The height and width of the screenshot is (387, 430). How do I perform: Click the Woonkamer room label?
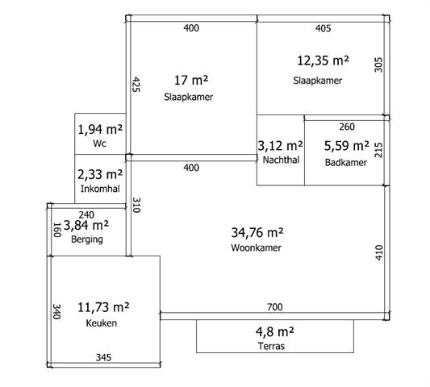[256, 248]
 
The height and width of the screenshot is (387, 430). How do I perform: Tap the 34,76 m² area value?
[257, 233]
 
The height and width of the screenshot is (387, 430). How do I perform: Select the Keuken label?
[102, 323]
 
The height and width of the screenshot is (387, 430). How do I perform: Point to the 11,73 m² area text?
[103, 307]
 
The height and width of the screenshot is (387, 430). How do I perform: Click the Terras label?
[272, 346]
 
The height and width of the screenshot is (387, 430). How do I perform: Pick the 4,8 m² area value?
[275, 331]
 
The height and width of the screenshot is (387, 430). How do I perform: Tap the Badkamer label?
[346, 163]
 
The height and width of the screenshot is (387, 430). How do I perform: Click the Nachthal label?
[281, 160]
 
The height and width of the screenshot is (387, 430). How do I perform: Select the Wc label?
[99, 144]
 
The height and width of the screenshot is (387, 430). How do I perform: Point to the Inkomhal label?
[100, 189]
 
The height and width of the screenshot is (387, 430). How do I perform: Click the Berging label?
[87, 239]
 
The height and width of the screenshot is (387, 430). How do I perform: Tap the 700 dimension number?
[275, 307]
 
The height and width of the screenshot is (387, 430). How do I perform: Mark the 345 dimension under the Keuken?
[103, 357]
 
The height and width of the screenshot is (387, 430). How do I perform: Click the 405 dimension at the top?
[323, 28]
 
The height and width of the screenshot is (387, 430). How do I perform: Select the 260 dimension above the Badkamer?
[347, 127]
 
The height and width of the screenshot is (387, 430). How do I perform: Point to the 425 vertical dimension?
[136, 85]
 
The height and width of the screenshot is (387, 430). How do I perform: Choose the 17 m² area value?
[191, 81]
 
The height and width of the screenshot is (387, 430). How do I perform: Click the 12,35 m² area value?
[323, 60]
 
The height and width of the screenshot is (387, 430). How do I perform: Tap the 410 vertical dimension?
[378, 252]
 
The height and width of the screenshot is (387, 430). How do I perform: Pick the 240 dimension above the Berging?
[86, 215]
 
